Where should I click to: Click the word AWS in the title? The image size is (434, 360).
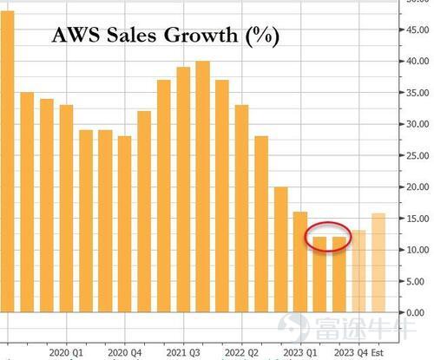coord(76,35)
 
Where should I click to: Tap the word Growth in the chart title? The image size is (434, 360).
coord(201,35)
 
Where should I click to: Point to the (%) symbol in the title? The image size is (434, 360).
coord(262,36)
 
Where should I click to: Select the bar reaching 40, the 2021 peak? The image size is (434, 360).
coord(202,187)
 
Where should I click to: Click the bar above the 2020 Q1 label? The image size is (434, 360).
coord(66,208)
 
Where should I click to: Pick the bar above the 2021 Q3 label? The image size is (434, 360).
coord(183,190)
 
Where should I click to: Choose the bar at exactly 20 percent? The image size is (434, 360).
coord(280,250)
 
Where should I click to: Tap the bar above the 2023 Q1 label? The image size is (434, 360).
coord(300,262)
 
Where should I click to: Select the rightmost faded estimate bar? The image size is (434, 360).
coord(378,263)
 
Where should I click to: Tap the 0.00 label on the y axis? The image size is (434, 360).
coord(415,312)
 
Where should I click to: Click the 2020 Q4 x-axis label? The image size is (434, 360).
coord(125,353)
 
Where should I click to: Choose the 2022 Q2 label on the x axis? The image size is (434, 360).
coord(241,353)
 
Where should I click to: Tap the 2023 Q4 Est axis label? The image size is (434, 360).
coord(358,353)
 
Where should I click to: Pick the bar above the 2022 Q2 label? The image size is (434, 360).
coord(241,208)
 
